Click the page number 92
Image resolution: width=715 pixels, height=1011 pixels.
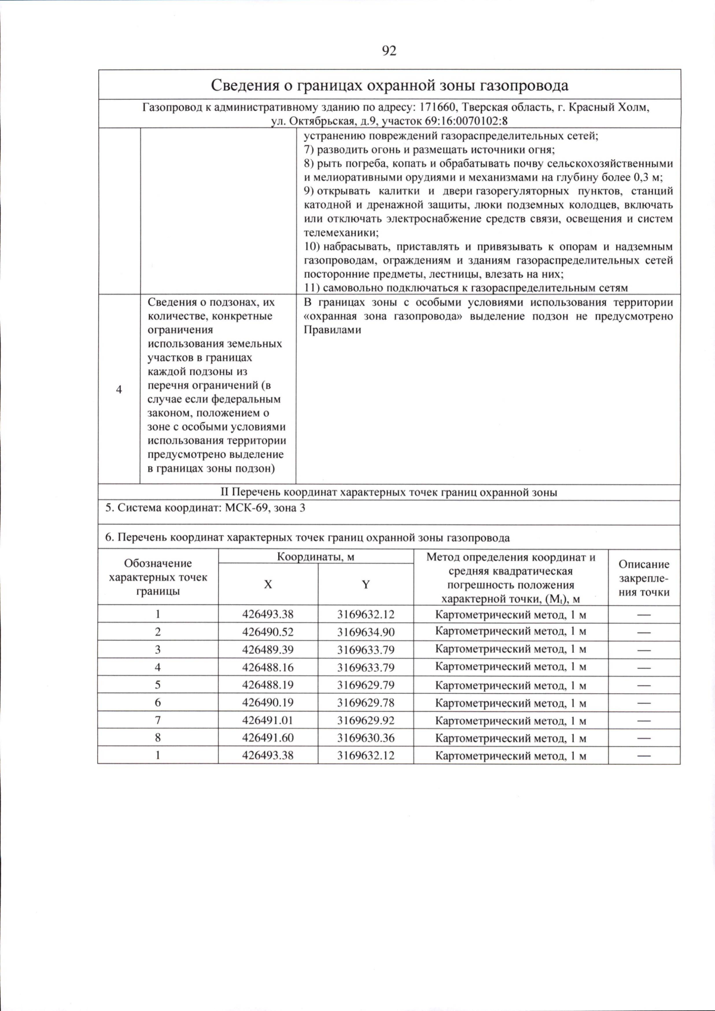tap(388, 51)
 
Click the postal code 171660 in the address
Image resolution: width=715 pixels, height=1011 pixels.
tap(437, 108)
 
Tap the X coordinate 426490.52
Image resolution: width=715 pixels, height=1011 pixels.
tap(268, 632)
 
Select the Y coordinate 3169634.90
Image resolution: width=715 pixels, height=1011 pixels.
tap(365, 632)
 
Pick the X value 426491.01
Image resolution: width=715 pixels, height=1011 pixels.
tap(268, 720)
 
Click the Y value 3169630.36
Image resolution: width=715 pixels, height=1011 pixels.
tap(365, 738)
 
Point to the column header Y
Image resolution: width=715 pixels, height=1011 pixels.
tap(365, 585)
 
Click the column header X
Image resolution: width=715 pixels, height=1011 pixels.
tap(268, 585)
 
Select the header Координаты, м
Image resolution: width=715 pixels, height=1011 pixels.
tap(316, 557)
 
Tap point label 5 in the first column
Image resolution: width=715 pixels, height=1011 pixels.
tap(158, 685)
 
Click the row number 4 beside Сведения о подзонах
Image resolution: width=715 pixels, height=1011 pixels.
tap(119, 389)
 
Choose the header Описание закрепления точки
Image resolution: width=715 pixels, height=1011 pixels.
tap(643, 578)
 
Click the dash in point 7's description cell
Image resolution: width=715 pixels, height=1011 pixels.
tap(643, 721)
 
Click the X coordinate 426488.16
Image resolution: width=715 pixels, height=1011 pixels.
tap(268, 667)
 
